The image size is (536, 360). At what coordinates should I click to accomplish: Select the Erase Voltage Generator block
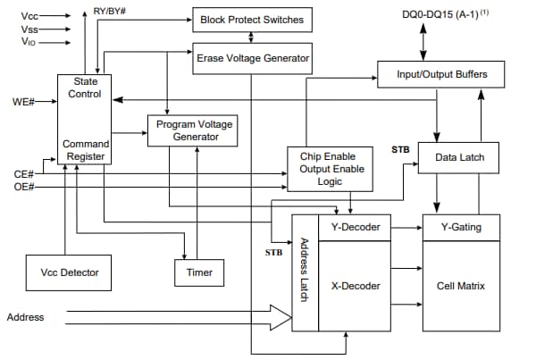click(x=253, y=58)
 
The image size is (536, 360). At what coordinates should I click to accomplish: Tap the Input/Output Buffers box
click(x=441, y=74)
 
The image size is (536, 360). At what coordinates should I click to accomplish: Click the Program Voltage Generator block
click(x=194, y=130)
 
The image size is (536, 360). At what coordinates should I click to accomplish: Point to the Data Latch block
click(x=459, y=157)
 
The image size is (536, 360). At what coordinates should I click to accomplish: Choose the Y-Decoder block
click(x=356, y=227)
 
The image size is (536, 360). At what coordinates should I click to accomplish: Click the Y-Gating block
click(x=461, y=227)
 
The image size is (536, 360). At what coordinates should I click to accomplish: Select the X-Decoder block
click(x=356, y=286)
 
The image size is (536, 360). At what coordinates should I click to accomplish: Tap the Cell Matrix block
click(x=461, y=286)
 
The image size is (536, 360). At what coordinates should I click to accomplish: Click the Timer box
click(x=199, y=272)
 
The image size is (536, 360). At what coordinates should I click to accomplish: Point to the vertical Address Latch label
click(x=305, y=269)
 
